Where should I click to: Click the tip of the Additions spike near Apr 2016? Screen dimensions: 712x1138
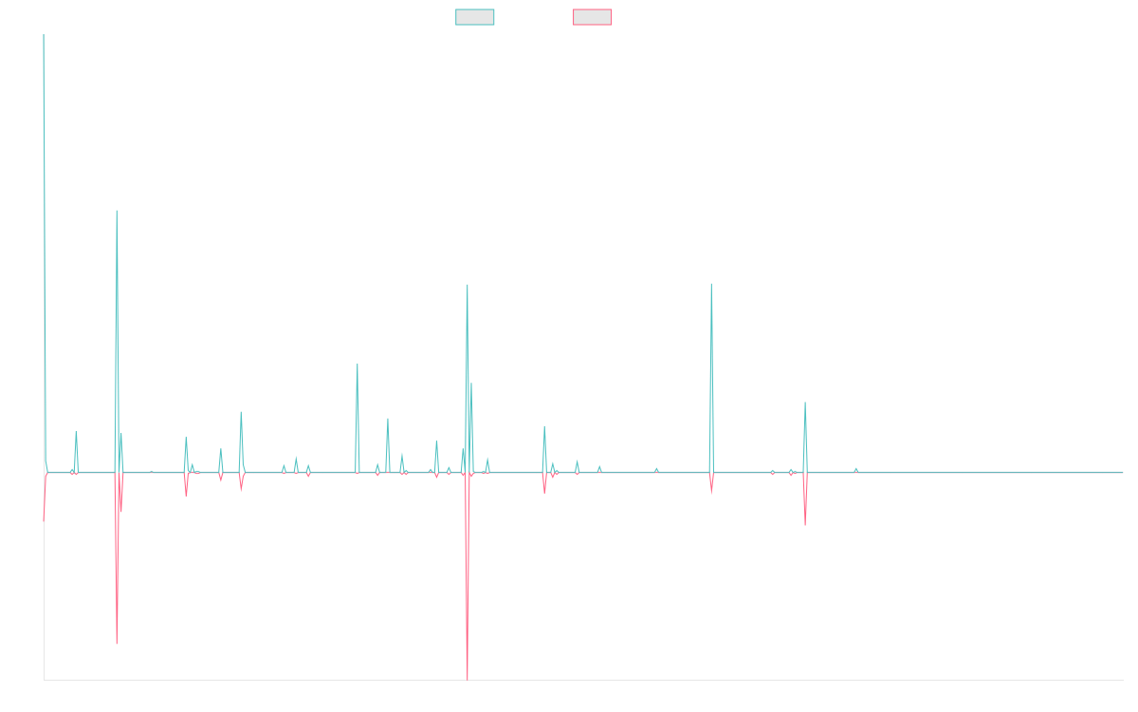click(x=117, y=211)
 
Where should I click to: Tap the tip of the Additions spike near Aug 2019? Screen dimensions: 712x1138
click(x=467, y=285)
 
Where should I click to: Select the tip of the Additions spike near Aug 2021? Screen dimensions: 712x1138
click(x=710, y=284)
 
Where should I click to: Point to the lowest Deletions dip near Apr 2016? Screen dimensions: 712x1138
click(x=117, y=644)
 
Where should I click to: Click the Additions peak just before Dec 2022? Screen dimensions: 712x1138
click(x=805, y=403)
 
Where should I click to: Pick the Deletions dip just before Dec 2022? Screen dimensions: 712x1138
click(x=805, y=525)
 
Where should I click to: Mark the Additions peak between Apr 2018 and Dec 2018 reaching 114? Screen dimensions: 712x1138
click(x=358, y=365)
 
